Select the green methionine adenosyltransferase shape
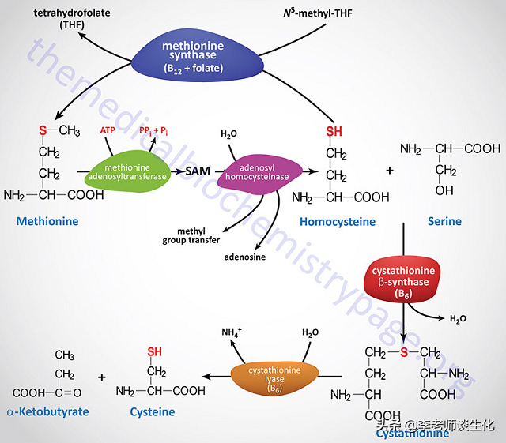(x=129, y=170)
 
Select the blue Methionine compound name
(x=48, y=221)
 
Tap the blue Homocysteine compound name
(x=337, y=222)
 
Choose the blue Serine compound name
(x=444, y=222)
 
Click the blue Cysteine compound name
(x=153, y=412)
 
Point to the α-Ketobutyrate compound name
(x=49, y=412)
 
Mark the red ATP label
(x=108, y=130)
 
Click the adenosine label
(x=246, y=257)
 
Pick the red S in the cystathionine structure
(x=405, y=350)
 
